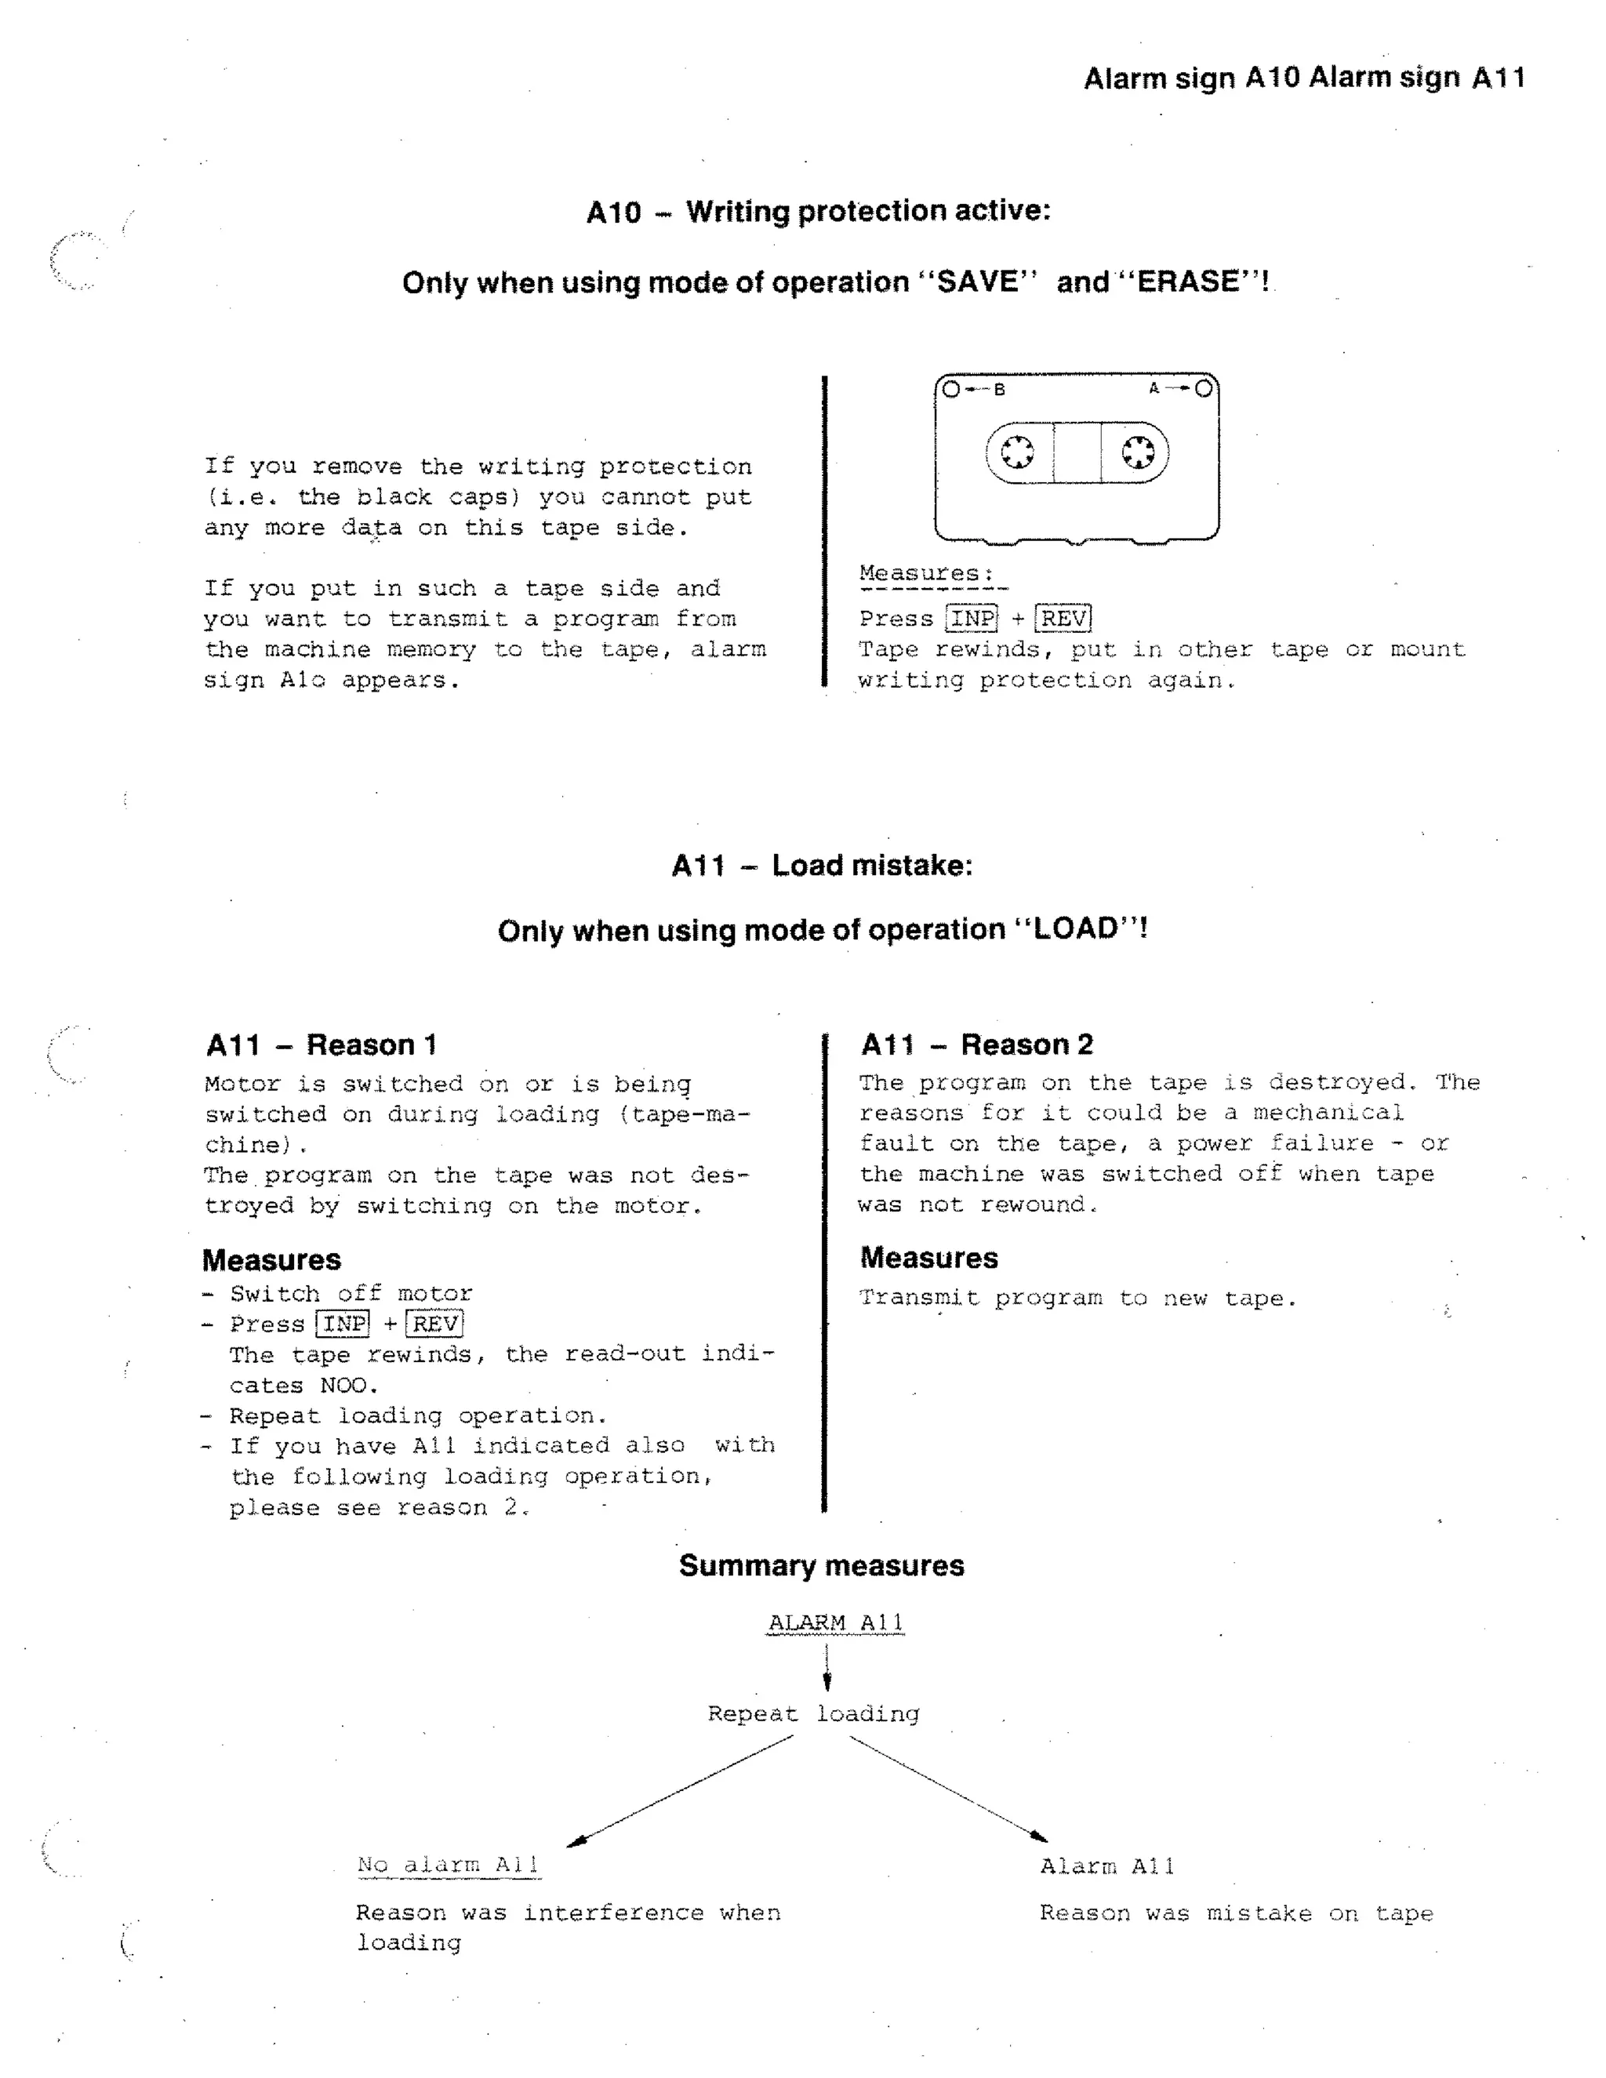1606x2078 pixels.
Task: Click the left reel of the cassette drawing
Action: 1017,452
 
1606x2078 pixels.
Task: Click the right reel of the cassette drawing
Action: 1138,452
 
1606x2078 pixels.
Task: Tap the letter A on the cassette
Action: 1153,388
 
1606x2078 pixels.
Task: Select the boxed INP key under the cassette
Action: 972,619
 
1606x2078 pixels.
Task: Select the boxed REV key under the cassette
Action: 1063,619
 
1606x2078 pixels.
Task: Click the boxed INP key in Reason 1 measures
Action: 343,1324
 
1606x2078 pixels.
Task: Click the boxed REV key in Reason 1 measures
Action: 434,1324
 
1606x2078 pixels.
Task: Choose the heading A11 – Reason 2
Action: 976,1044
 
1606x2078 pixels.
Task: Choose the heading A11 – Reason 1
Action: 322,1044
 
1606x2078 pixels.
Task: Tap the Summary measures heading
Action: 821,1565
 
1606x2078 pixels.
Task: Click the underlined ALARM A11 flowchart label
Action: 835,1622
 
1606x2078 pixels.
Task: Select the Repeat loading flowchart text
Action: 813,1713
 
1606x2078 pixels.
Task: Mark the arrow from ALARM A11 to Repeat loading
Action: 827,1666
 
